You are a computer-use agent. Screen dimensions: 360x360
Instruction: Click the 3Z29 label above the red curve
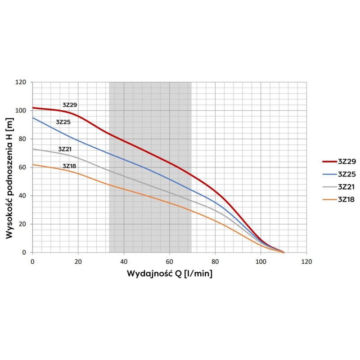[x=70, y=105]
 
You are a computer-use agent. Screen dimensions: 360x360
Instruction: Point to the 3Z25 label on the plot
[x=63, y=122]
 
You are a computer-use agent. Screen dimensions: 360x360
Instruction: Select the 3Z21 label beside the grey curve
[x=65, y=149]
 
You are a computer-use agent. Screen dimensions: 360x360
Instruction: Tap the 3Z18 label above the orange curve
[x=69, y=166]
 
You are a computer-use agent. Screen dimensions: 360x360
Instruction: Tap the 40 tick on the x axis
[x=124, y=261]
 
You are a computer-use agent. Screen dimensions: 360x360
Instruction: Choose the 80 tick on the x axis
[x=215, y=261]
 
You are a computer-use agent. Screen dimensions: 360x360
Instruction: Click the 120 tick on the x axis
[x=306, y=261]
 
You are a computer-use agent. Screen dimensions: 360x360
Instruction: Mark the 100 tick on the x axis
[x=261, y=261]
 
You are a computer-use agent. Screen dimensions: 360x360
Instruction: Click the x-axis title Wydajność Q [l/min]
[x=170, y=273]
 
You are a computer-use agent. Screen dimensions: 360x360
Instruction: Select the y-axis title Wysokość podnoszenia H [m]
[x=9, y=167]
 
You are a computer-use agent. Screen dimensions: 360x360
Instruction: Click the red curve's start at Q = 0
[x=33, y=108]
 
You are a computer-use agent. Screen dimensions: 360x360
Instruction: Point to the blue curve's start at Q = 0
[x=33, y=118]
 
